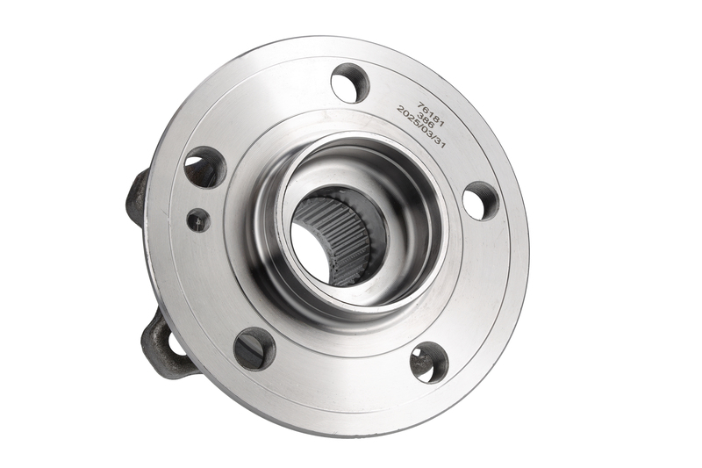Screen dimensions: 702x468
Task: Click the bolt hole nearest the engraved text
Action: click(350, 83)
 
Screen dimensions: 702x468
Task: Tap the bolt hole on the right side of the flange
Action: click(480, 201)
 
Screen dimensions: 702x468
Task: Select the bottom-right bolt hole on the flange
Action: click(429, 362)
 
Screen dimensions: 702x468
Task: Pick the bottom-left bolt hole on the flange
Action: click(254, 349)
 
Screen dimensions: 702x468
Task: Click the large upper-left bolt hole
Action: click(205, 167)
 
